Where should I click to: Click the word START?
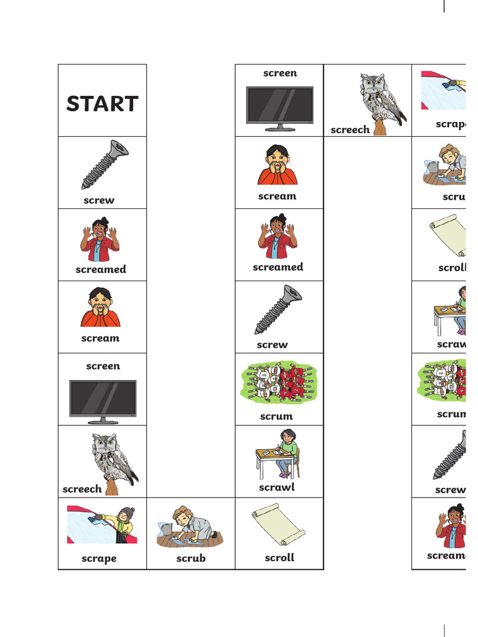point(102,104)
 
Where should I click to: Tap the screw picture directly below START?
point(104,164)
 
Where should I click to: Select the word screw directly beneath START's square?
point(99,200)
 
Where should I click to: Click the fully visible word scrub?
point(190,558)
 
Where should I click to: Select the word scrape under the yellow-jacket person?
point(99,558)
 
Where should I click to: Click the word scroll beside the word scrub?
point(279,557)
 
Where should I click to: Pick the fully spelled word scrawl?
point(276,487)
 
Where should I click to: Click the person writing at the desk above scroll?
point(286,451)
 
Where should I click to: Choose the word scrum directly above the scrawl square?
point(276,416)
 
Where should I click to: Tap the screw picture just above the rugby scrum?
point(278,309)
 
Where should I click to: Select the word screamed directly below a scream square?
point(278,267)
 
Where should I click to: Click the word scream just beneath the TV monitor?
point(277,196)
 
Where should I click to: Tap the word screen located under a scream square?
point(103,366)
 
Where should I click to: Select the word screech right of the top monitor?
point(350,129)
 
